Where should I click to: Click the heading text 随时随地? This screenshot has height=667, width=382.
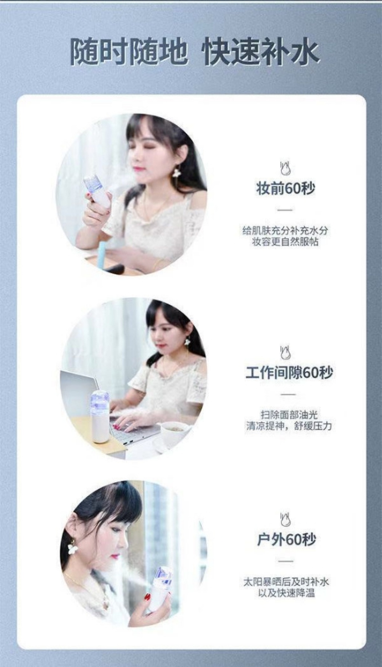pos(129,53)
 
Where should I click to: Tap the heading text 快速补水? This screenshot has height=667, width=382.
pos(261,53)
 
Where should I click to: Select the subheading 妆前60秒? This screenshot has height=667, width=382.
pos(286,188)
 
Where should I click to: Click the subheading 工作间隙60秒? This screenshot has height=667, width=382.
pos(289,372)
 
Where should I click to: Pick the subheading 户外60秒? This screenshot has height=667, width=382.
pos(286,539)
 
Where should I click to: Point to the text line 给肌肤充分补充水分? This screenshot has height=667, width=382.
pos(285,231)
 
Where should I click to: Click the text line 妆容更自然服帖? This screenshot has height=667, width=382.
pos(285,242)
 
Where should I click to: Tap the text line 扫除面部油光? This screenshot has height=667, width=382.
pos(289,415)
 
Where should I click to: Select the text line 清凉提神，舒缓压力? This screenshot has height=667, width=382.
pos(289,426)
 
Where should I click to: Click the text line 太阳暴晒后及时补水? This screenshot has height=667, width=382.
pos(286,582)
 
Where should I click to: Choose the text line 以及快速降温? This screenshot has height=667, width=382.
pos(286,593)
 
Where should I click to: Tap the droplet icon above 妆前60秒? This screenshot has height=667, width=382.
pos(285,168)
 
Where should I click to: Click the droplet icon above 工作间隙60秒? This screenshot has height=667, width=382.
pos(285,353)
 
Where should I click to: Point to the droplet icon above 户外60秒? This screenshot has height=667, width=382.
pos(285,520)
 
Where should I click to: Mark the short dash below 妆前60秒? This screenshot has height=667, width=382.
pos(285,210)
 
